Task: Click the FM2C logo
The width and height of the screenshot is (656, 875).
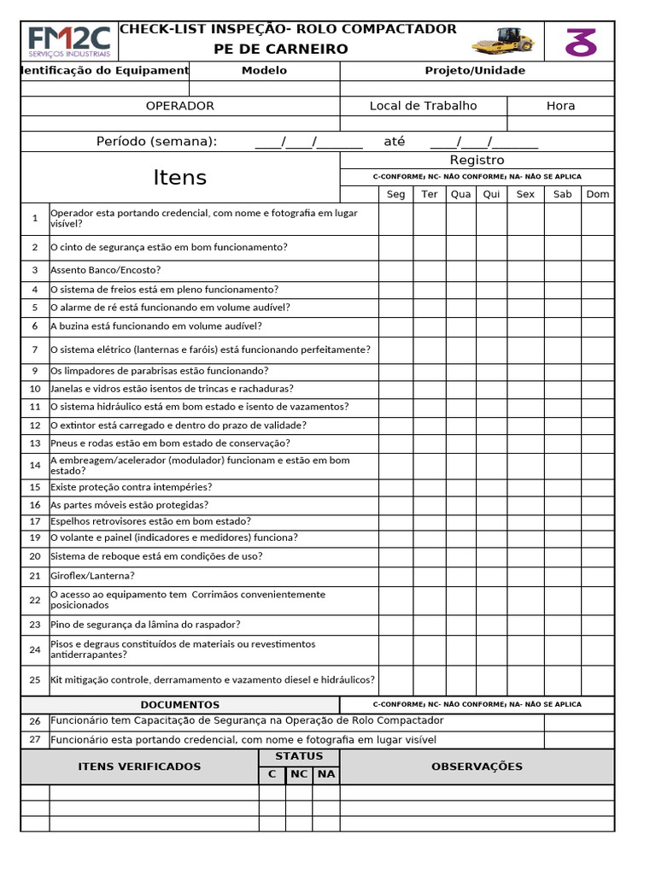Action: (x=69, y=41)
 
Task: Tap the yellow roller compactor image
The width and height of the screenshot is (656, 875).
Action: (x=503, y=39)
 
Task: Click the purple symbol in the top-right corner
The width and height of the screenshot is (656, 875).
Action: (x=581, y=41)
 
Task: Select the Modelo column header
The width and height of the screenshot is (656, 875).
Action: (x=264, y=71)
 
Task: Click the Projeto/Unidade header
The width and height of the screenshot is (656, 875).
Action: (x=475, y=71)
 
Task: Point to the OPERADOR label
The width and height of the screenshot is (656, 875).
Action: (x=180, y=106)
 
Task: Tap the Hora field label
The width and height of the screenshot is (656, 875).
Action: (x=560, y=106)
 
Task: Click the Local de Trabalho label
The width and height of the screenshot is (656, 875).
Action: (x=423, y=106)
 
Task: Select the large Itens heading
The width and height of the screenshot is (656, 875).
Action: (x=180, y=177)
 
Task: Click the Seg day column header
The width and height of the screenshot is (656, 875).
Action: (x=396, y=194)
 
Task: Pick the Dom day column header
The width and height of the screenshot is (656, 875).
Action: (x=598, y=194)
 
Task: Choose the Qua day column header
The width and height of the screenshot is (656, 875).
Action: (x=461, y=194)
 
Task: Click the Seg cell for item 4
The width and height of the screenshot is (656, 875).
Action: (x=396, y=290)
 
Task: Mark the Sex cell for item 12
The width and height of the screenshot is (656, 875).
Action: (x=525, y=426)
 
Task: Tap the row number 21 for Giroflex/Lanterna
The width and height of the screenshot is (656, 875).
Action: (x=35, y=576)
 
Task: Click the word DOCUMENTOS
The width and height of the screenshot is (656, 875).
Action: (x=180, y=705)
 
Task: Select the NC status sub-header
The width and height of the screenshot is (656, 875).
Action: (x=299, y=774)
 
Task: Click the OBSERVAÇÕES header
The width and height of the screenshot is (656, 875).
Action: (x=477, y=766)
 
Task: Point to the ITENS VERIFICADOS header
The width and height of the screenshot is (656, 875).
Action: (x=140, y=766)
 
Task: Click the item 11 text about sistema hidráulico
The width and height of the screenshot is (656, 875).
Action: (x=200, y=407)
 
